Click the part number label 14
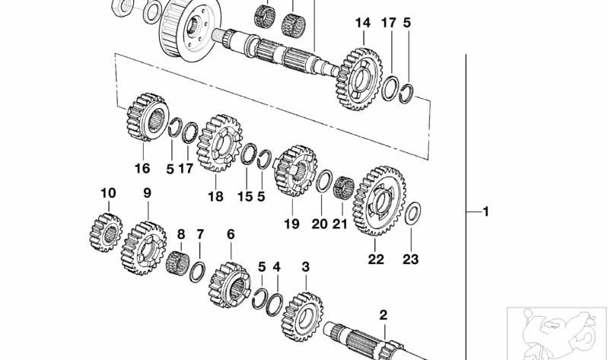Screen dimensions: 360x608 [x=362, y=24]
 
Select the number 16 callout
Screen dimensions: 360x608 [x=142, y=168]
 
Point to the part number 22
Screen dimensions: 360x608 [x=376, y=259]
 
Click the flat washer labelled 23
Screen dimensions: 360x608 [x=411, y=214]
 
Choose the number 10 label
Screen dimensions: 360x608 [x=107, y=193]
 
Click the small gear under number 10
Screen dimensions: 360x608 [x=107, y=229]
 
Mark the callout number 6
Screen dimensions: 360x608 [x=231, y=234]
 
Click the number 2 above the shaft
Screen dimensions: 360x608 [x=384, y=314]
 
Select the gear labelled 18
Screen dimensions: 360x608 [x=218, y=145]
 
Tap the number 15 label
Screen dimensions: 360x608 [x=244, y=196]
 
